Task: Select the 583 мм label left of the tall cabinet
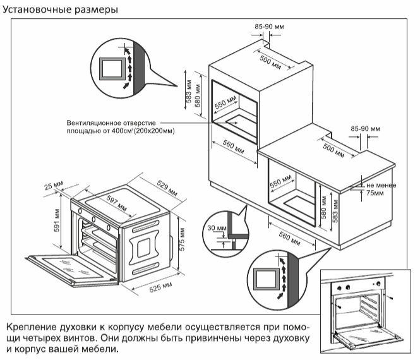(x=188, y=92)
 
